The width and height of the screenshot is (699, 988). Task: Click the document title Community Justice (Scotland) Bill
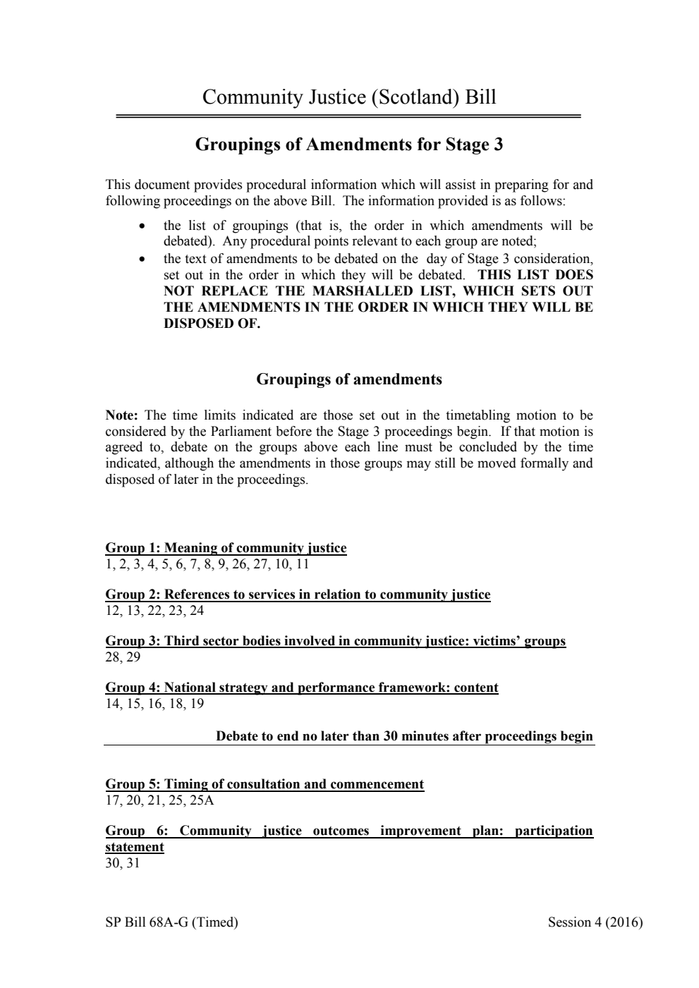pos(349,97)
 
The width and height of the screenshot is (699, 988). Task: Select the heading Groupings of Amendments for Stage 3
pos(349,145)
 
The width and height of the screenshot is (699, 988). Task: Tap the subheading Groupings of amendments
pos(349,379)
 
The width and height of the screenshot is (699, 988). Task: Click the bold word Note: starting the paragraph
pos(121,415)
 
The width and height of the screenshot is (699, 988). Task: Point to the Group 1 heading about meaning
pos(226,548)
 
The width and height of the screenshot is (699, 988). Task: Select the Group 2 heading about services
pos(298,594)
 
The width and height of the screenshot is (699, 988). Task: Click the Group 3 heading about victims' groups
pos(335,641)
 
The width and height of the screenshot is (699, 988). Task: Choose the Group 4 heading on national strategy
pos(302,688)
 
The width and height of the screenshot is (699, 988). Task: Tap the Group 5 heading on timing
pos(265,784)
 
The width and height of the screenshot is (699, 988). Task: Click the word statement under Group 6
pos(135,847)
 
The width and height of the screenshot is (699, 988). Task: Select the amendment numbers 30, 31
pos(123,863)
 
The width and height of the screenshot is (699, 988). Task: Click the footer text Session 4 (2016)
pos(595,922)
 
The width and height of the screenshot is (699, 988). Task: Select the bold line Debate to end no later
pos(404,736)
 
